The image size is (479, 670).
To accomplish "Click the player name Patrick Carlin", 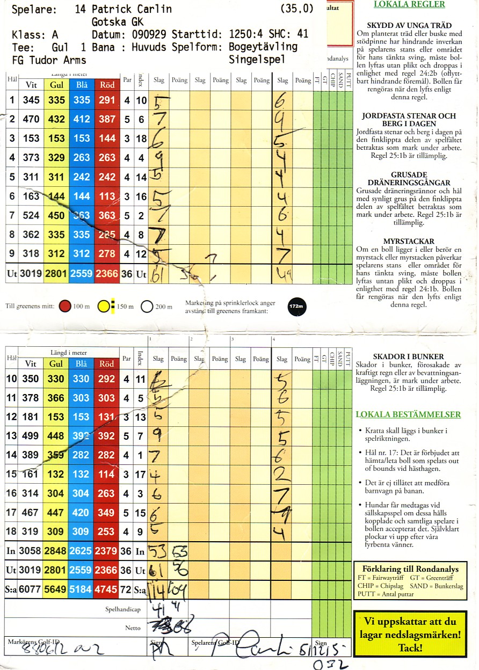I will (132, 9).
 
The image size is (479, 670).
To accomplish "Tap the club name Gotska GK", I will (117, 21).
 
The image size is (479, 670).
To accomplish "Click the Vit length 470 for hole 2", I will (31, 119).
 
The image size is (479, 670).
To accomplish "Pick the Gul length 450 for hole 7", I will (56, 215).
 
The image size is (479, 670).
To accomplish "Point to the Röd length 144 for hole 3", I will (107, 139).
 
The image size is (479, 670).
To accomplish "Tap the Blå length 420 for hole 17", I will (81, 513).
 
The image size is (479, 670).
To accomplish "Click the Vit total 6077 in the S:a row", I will (31, 590).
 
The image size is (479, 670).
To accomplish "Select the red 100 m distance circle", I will (66, 307).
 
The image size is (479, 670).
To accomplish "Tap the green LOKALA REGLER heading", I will (409, 4).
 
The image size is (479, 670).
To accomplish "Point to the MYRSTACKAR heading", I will (409, 241).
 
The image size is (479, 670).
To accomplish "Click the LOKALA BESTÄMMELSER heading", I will (408, 414).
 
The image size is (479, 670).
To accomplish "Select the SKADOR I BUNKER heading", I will (409, 356).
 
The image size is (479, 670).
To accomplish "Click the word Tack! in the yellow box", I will (410, 647).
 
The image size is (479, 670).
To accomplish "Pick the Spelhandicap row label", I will (123, 610).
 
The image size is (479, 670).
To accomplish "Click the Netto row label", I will (133, 628).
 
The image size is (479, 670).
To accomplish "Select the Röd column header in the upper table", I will (107, 85).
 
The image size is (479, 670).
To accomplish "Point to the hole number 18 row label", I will (11, 532).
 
